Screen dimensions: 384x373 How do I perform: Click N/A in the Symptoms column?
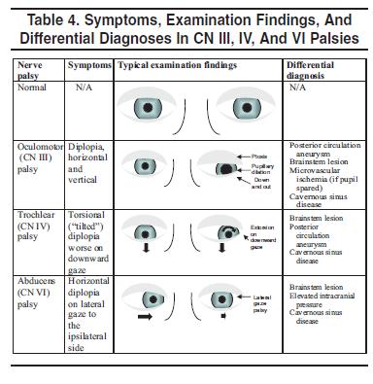point(85,87)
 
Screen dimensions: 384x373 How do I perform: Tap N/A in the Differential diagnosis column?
point(297,87)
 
